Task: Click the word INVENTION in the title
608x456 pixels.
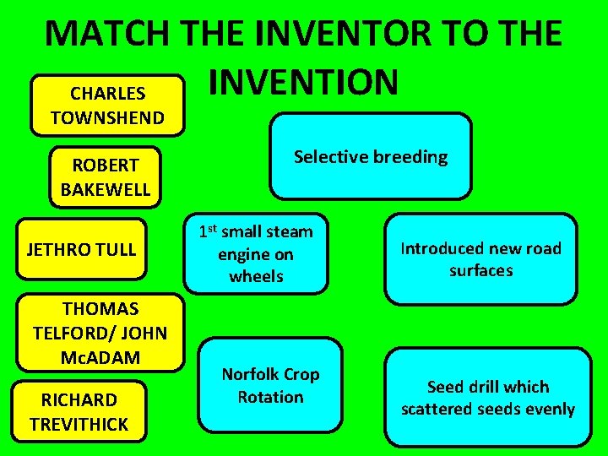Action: click(x=302, y=82)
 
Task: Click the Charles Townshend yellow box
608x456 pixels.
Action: click(x=107, y=106)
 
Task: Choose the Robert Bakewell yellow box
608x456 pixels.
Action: click(x=105, y=176)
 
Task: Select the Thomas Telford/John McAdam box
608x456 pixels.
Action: click(x=100, y=333)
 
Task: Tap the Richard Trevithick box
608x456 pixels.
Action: click(x=79, y=411)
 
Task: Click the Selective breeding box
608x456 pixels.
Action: click(x=371, y=156)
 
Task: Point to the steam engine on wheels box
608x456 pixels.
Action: click(x=255, y=253)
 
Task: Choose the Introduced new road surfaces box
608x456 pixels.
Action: click(x=480, y=259)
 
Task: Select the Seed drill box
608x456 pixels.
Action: click(x=488, y=398)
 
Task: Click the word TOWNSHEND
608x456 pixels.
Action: click(x=107, y=117)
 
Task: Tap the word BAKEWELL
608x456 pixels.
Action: click(x=105, y=189)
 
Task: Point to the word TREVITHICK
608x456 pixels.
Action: click(x=79, y=424)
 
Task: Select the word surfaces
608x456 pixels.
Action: click(x=480, y=270)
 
